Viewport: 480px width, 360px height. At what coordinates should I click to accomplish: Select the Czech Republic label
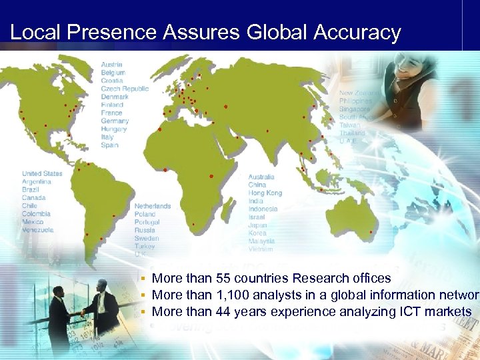(125, 89)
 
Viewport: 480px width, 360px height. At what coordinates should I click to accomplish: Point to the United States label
(42, 174)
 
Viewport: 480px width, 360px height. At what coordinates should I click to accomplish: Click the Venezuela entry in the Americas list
(37, 230)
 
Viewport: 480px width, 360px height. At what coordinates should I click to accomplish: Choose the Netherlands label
(152, 207)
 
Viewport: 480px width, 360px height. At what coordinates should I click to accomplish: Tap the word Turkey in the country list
(145, 247)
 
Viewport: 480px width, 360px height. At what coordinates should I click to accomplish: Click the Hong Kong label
(265, 193)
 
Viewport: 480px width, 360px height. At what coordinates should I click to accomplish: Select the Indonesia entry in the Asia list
(263, 209)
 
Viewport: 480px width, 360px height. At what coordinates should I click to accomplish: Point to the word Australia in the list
(261, 177)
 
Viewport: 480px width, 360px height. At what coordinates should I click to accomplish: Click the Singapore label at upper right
(354, 109)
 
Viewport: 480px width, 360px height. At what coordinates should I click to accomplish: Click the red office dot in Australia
(371, 232)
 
